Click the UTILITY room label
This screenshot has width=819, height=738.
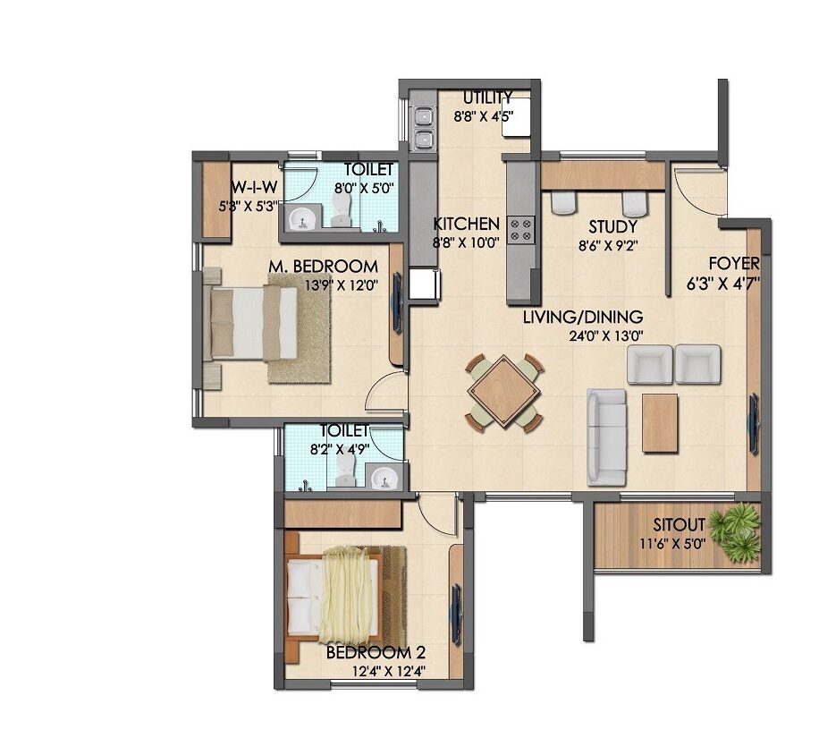(488, 98)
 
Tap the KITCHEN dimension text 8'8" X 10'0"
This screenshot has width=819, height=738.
(467, 242)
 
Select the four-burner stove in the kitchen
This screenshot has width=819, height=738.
(521, 230)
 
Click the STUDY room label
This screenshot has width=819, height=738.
(612, 227)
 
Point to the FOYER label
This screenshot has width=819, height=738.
(734, 263)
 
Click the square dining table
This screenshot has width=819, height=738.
(503, 392)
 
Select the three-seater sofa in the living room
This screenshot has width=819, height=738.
(606, 437)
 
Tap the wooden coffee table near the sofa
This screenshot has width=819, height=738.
(660, 423)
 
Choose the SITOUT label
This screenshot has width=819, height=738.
(679, 524)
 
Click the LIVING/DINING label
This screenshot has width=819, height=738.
(583, 317)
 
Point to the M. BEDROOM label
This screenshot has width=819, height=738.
(323, 266)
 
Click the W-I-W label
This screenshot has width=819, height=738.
(254, 187)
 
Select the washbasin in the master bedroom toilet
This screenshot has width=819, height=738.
(300, 219)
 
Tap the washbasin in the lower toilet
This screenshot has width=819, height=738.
(385, 477)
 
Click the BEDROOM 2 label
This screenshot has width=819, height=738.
(376, 652)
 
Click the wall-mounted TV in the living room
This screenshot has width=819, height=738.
(754, 424)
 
